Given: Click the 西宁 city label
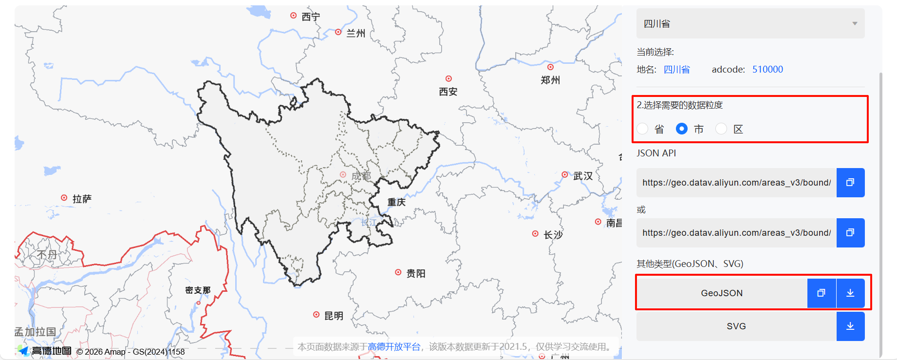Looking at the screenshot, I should (311, 17).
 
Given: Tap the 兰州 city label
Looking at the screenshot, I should (355, 33).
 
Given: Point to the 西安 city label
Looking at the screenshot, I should (448, 92).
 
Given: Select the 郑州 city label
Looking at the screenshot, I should (550, 80).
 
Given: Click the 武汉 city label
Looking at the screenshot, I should (583, 176).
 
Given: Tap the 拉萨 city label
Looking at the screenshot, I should (82, 199).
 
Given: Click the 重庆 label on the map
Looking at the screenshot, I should (396, 202).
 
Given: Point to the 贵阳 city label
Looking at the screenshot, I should (416, 273).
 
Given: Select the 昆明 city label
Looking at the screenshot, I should (334, 316).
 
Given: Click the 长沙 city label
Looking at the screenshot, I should (553, 235).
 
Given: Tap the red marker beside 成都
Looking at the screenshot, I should (343, 174).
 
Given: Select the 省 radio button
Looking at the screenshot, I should (643, 129).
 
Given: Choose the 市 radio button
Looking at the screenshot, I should (682, 129).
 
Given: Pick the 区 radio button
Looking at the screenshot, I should (721, 129).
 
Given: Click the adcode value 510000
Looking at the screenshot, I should (767, 69).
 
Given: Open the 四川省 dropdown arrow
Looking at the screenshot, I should (855, 23).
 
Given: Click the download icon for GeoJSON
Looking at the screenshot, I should (850, 293).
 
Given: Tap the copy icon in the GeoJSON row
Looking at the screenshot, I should (821, 293).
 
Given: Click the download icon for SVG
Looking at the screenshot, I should (850, 326).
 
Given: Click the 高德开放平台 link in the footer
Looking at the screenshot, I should (394, 346).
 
